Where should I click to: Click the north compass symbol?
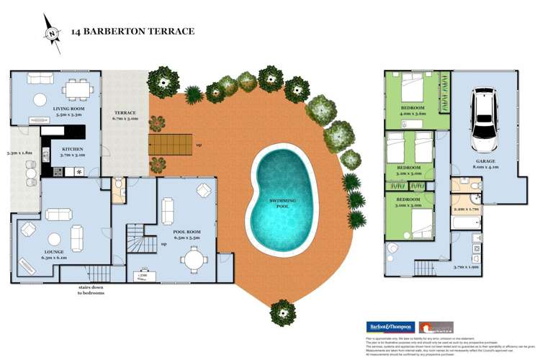pos(51,32)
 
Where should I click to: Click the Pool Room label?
pos(185,234)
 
